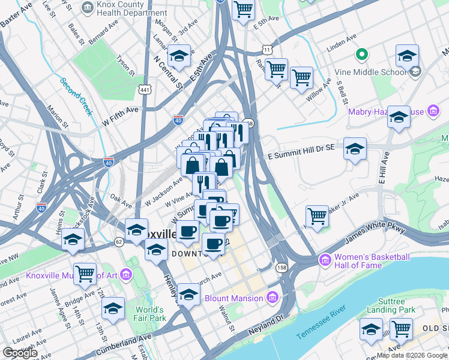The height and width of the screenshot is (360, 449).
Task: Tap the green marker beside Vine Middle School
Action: pos(362,56)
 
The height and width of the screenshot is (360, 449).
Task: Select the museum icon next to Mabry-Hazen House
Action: pos(432,111)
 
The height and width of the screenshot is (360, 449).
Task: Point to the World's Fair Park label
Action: pos(149,314)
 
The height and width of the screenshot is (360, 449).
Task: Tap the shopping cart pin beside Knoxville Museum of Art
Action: pos(85,274)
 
